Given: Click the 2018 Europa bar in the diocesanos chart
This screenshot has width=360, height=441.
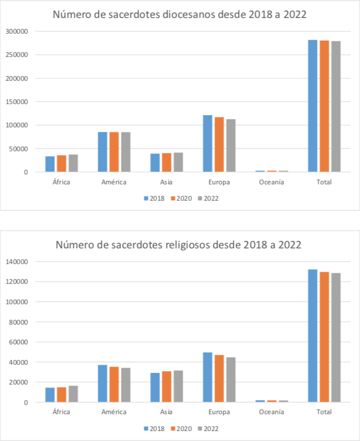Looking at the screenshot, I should click(x=208, y=143).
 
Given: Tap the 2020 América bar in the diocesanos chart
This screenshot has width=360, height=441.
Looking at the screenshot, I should click(x=114, y=152).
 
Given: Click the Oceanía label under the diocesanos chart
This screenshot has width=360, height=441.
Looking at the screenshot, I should click(x=272, y=182).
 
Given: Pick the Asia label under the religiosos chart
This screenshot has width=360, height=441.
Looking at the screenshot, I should click(x=166, y=412).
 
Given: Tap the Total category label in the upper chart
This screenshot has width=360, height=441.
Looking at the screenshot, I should click(x=324, y=182).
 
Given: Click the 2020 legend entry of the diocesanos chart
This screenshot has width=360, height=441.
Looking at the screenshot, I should click(x=182, y=198).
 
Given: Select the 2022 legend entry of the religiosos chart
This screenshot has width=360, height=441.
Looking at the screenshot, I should click(x=208, y=429).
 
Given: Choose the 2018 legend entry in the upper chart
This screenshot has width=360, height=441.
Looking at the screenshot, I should click(x=155, y=198).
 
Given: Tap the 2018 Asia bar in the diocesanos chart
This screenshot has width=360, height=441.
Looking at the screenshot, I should click(x=155, y=162).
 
